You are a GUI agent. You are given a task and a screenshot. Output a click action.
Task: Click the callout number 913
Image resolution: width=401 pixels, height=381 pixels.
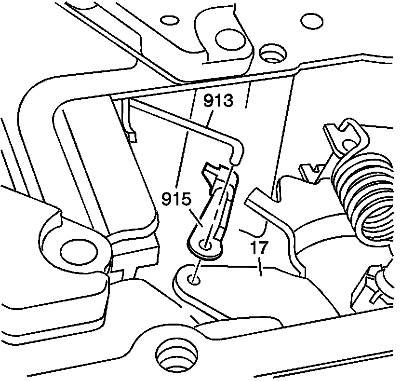(218, 102)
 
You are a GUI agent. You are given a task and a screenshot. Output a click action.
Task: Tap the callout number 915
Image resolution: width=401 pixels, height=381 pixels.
(176, 199)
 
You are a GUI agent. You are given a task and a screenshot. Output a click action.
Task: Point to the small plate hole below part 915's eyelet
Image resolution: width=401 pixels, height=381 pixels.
(194, 279)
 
